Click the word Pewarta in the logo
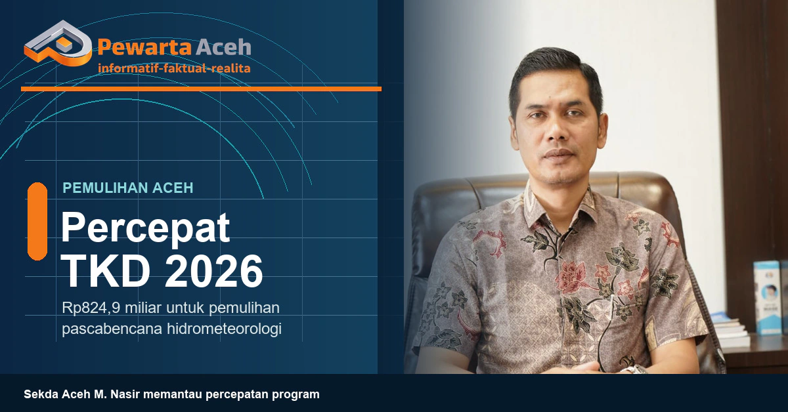point(144,47)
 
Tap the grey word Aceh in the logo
point(223,47)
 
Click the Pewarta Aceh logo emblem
point(58,43)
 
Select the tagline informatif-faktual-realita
point(174,68)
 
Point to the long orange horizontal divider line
point(201,89)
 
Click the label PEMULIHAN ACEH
point(128,188)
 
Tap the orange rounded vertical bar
point(37,222)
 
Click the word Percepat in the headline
point(146,229)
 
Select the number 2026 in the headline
point(214,271)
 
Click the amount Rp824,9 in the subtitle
point(91,308)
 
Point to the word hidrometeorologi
point(224,329)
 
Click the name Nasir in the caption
point(125,394)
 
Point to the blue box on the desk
point(766,297)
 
